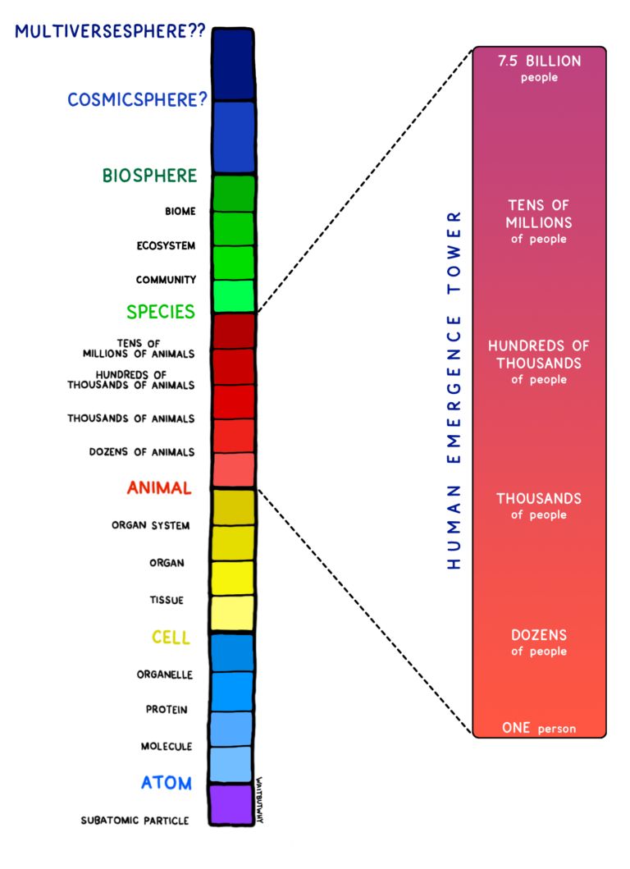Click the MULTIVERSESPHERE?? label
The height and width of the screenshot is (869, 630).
coord(110,33)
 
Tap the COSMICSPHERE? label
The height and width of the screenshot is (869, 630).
coord(137,99)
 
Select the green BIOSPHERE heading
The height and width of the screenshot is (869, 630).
coord(149,176)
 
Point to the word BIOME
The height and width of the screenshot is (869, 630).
coord(180,212)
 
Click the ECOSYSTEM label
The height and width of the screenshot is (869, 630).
coord(166,246)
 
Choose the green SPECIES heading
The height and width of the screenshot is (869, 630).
coord(161,312)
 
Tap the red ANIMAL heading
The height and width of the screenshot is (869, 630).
coord(159,488)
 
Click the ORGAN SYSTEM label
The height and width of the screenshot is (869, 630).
coord(151,525)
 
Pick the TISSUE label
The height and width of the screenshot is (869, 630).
coord(166,601)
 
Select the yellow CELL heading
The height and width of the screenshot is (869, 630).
coord(171,638)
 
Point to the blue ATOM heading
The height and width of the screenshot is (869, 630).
coord(166,783)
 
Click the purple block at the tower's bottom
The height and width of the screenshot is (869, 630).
coord(231,804)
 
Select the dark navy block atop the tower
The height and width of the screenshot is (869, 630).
coord(232,64)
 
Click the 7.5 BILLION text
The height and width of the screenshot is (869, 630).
coord(539,62)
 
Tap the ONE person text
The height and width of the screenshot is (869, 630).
coord(539,728)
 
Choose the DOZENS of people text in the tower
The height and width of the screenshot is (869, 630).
coord(539,643)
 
